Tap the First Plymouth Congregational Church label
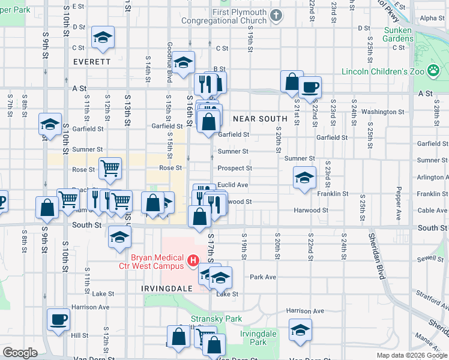pyautogui.click(x=238, y=16)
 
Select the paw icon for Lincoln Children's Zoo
pyautogui.click(x=433, y=71)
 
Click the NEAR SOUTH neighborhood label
pyautogui.click(x=260, y=119)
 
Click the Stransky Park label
pyautogui.click(x=208, y=319)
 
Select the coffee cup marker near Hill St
pyautogui.click(x=58, y=319)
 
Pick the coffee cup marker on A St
pyautogui.click(x=310, y=87)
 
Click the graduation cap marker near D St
pyautogui.click(x=103, y=37)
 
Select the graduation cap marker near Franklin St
pyautogui.click(x=304, y=178)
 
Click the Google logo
pyautogui.click(x=20, y=353)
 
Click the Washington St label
pyautogui.click(x=382, y=112)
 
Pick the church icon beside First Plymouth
pyautogui.click(x=276, y=15)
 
